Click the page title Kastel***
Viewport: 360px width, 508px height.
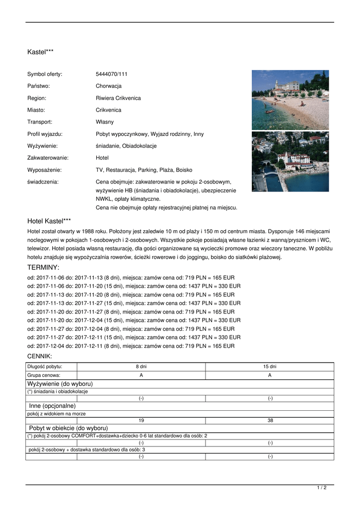40,52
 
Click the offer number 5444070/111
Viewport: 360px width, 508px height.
111,74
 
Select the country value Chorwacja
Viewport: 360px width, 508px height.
108,86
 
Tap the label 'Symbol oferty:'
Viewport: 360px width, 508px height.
45,74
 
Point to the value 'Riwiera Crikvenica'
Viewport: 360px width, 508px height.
118,98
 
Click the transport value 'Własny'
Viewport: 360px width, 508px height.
104,122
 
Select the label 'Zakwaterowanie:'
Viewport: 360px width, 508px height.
48,158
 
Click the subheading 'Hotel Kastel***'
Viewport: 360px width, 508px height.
49,221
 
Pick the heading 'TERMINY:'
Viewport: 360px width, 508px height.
43,267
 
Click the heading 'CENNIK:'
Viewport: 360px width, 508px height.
40,356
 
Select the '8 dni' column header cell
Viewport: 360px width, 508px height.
141,367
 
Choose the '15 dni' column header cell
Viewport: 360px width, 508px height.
270,367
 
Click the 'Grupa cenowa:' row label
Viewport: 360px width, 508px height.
44,375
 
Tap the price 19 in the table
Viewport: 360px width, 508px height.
141,420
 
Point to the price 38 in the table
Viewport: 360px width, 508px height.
270,420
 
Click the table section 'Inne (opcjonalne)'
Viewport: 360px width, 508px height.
52,406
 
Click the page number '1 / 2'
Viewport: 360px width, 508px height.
321,488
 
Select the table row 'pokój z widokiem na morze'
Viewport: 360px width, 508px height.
53,413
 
